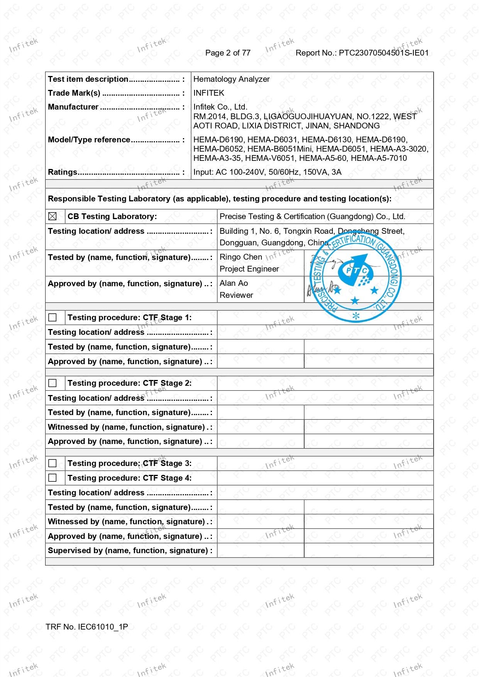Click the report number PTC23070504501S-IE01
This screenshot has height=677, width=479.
[x=384, y=53]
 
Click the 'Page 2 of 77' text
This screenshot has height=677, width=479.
[x=228, y=53]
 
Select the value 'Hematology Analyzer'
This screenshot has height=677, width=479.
[x=231, y=79]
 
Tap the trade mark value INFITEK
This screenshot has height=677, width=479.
[x=208, y=93]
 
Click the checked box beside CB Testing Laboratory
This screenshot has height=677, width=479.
[x=52, y=216]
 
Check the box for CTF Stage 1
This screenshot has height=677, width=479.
[x=52, y=317]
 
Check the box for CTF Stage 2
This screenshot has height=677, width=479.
[x=52, y=383]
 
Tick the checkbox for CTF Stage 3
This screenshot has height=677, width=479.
[x=52, y=463]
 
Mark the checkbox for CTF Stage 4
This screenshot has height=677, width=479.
[x=52, y=478]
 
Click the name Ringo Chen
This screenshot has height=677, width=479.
[x=240, y=257]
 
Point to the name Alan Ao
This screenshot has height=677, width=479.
[x=234, y=283]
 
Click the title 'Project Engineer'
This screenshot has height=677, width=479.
[x=249, y=269]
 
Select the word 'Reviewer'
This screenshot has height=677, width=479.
[x=236, y=295]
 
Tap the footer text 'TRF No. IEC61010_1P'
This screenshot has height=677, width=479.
[x=86, y=627]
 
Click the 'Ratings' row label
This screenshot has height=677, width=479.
[x=63, y=172]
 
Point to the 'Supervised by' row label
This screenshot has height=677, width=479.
[x=130, y=550]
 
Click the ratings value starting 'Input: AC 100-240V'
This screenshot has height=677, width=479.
[x=267, y=172]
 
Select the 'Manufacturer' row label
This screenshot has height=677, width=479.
[x=73, y=107]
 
